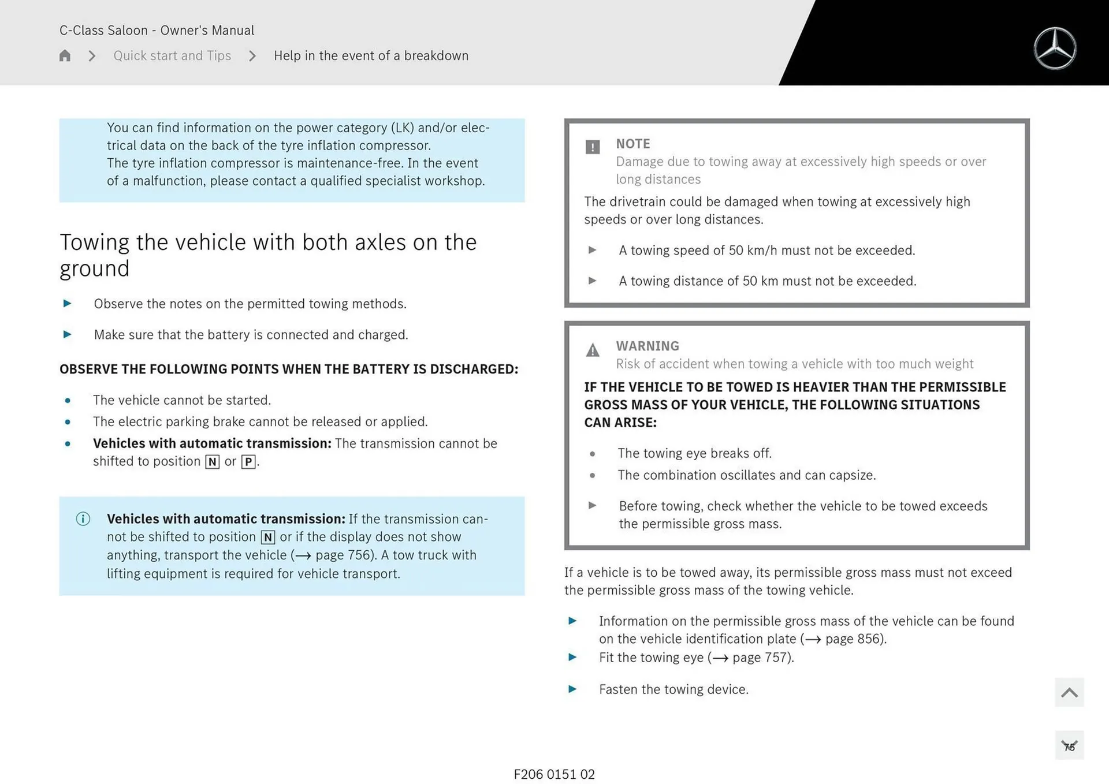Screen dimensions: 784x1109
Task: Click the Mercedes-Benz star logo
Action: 1055,48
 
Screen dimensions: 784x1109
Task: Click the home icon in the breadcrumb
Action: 65,55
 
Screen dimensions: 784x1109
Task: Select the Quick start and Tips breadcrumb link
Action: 172,55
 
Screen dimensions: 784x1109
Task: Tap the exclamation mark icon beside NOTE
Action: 593,147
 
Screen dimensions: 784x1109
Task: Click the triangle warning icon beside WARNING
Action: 593,350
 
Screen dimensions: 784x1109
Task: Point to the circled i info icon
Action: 83,519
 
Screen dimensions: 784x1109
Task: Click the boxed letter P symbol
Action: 248,462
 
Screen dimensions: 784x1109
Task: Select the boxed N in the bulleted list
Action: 212,462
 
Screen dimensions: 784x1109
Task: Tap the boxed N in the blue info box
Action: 268,537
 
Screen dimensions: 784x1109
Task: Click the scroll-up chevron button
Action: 1069,692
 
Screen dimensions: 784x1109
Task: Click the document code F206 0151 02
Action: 554,774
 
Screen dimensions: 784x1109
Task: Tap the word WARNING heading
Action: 647,346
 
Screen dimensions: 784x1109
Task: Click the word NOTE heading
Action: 632,144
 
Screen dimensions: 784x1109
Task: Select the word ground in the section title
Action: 95,268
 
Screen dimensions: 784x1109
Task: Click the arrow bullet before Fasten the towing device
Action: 572,689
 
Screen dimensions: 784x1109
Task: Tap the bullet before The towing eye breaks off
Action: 593,454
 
